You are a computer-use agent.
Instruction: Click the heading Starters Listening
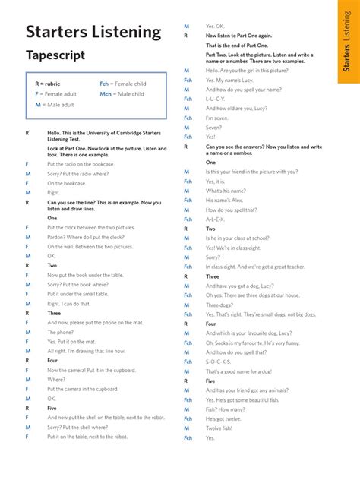click(x=93, y=32)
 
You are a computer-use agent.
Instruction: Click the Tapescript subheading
click(x=55, y=55)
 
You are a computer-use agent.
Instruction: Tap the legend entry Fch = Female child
click(x=122, y=84)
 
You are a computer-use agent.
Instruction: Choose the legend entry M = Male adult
click(x=54, y=104)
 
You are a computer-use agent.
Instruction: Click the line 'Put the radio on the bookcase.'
click(x=81, y=164)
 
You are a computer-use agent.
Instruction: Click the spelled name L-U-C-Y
click(x=216, y=99)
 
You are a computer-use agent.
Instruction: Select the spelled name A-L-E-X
click(x=216, y=219)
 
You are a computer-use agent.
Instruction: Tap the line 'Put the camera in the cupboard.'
click(x=82, y=389)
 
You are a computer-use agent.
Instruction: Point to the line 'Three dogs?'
click(x=220, y=305)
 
